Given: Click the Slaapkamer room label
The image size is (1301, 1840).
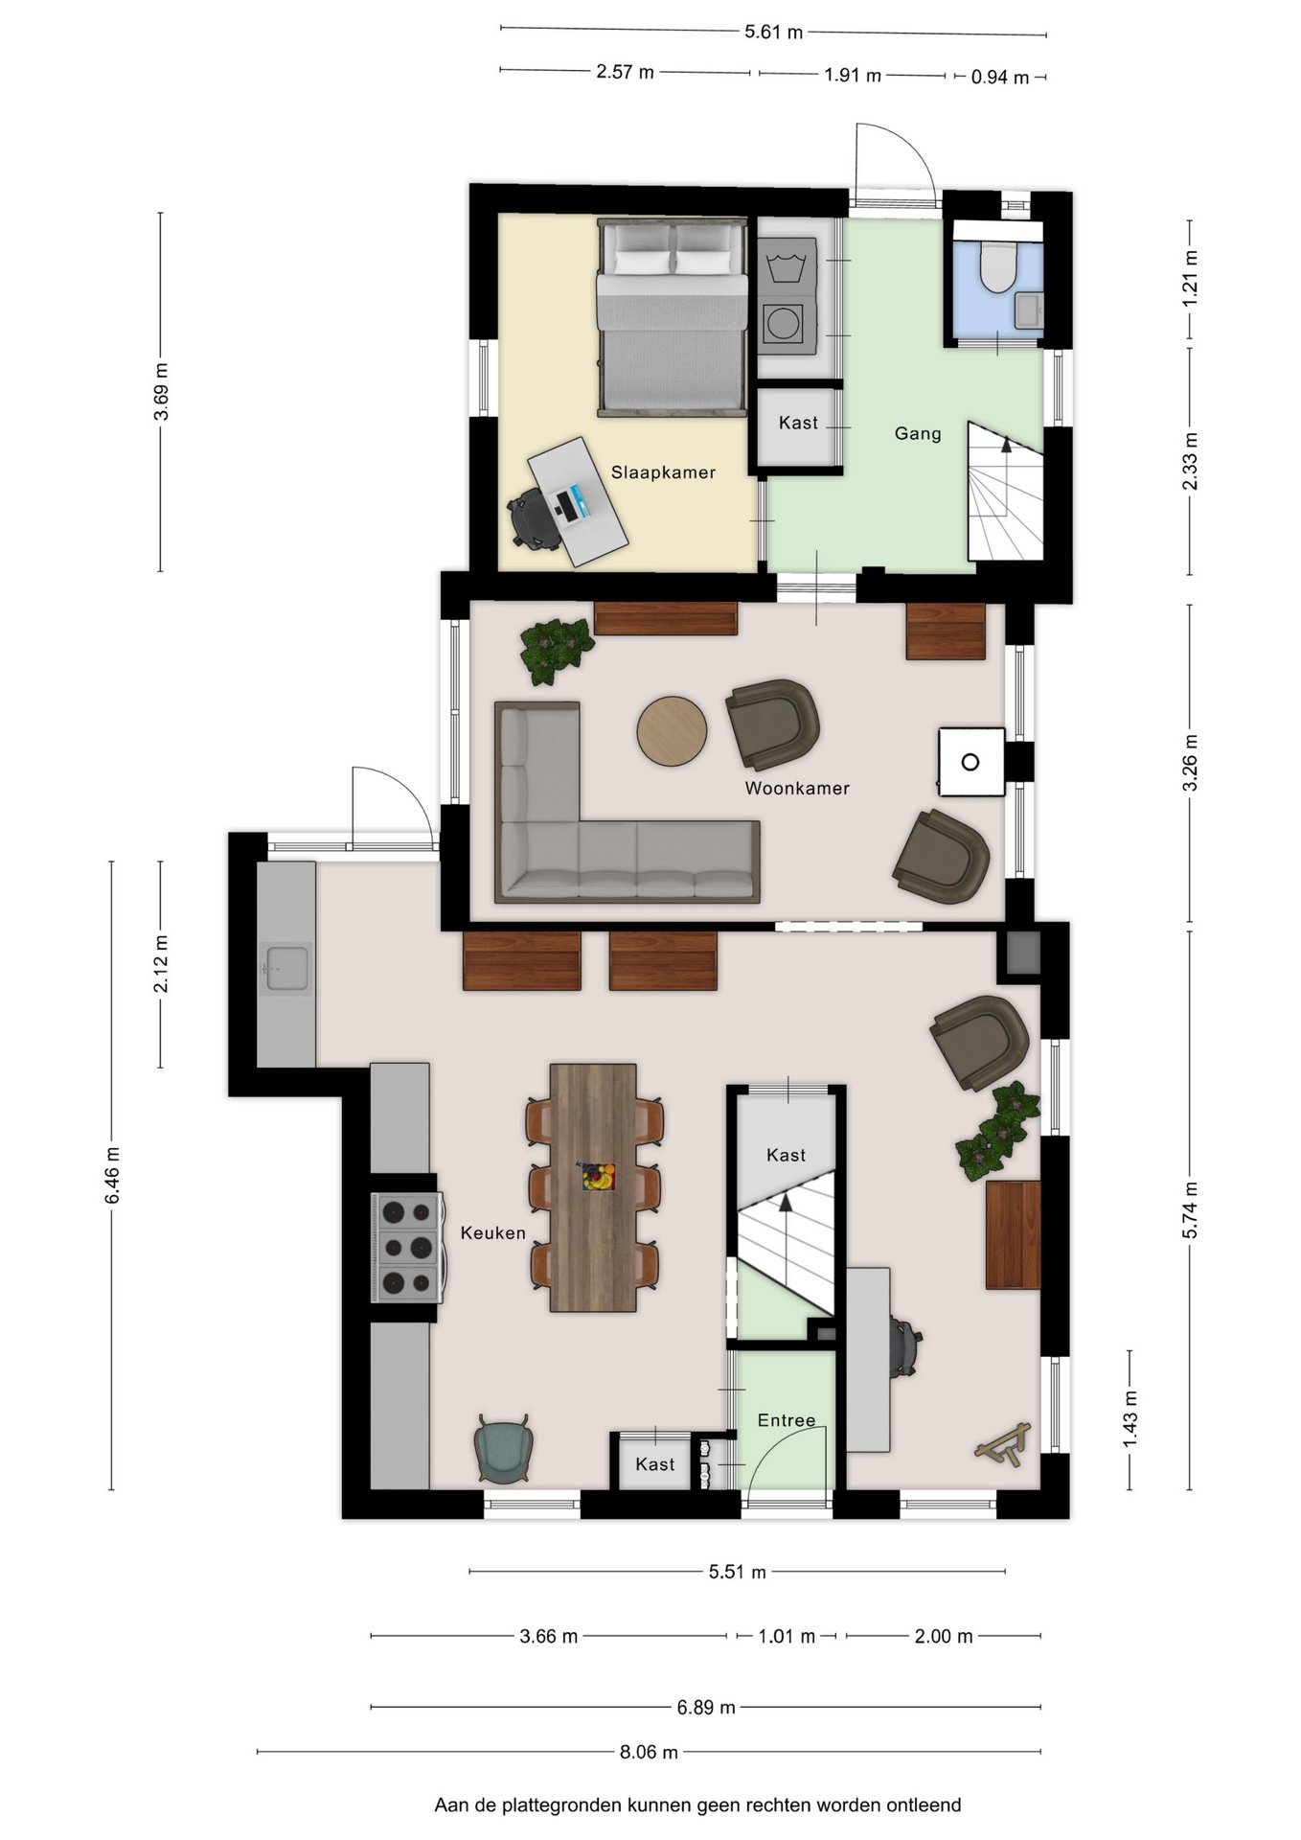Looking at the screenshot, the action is [663, 471].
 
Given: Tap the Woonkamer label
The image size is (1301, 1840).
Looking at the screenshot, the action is [797, 788].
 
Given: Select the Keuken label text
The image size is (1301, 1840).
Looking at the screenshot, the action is [492, 1232].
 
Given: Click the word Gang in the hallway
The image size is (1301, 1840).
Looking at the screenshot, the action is [918, 433].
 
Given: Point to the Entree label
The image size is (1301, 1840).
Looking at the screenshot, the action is [787, 1420].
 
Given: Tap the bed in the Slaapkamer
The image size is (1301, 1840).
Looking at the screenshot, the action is [672, 317].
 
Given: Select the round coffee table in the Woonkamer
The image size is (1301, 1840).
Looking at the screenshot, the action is [672, 730].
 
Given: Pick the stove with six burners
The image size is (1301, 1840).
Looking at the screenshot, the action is [407, 1247].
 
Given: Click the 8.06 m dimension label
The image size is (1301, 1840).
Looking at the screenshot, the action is [649, 1752].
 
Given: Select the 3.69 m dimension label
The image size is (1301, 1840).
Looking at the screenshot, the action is [162, 391].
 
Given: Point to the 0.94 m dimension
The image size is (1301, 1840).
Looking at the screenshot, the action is [1000, 78].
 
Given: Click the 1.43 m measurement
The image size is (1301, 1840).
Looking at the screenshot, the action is [1130, 1419].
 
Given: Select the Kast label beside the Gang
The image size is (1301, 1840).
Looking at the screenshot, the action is [798, 423].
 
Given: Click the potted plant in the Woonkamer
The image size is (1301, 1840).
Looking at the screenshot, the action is [555, 649].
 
